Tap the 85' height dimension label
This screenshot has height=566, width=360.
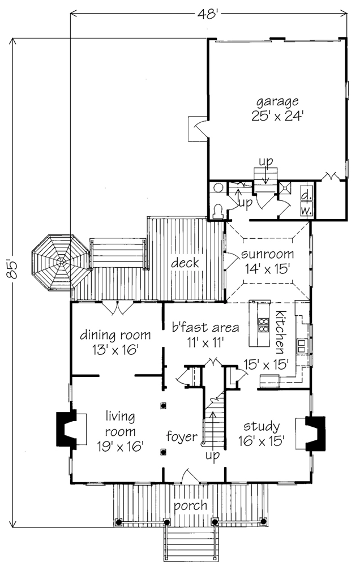click(x=12, y=269)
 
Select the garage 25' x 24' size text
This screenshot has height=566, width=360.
click(x=277, y=116)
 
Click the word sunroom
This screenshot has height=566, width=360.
click(x=268, y=254)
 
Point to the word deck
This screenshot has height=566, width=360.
click(x=185, y=263)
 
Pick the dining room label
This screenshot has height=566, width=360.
click(x=115, y=335)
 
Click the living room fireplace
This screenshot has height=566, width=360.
click(x=66, y=430)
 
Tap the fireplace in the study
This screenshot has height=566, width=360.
click(x=315, y=434)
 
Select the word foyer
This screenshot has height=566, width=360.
click(x=182, y=437)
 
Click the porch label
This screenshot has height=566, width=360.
click(x=191, y=505)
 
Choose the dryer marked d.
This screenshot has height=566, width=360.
click(x=307, y=196)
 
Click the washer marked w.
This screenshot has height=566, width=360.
click(x=307, y=210)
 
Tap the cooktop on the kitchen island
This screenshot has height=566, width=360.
click(x=264, y=325)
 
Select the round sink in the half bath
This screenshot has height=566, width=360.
click(x=218, y=188)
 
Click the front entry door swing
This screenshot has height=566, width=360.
click(x=190, y=476)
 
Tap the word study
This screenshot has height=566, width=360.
click(x=262, y=427)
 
